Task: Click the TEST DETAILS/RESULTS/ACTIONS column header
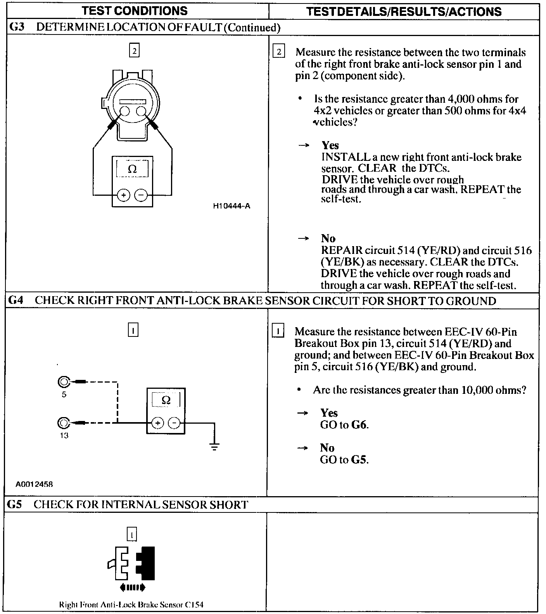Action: pyautogui.click(x=404, y=12)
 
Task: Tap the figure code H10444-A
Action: pyautogui.click(x=232, y=206)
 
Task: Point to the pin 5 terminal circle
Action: pyautogui.click(x=63, y=382)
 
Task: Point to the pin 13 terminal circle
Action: pyautogui.click(x=63, y=423)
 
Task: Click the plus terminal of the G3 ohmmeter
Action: pyautogui.click(x=123, y=195)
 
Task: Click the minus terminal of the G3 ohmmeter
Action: pyautogui.click(x=141, y=195)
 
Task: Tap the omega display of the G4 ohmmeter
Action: pyautogui.click(x=166, y=400)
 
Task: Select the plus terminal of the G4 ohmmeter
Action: pyautogui.click(x=157, y=423)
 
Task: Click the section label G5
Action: pyautogui.click(x=15, y=505)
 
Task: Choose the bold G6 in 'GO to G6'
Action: pyautogui.click(x=359, y=425)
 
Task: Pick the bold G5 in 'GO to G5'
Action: pyautogui.click(x=359, y=460)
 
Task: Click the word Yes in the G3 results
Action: pyautogui.click(x=330, y=145)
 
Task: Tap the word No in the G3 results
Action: pyautogui.click(x=328, y=238)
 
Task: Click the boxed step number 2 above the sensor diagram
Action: pyautogui.click(x=134, y=51)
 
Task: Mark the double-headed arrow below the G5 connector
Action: pyautogui.click(x=133, y=588)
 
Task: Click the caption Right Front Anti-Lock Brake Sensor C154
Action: pyautogui.click(x=131, y=604)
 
